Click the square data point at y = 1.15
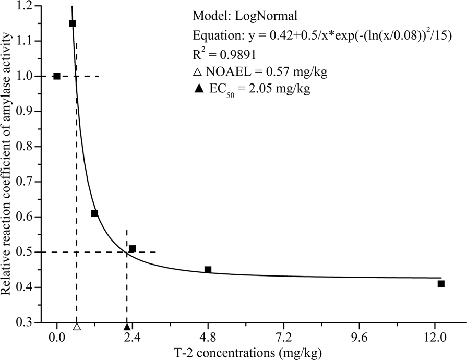click(73, 23)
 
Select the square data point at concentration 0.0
click(57, 76)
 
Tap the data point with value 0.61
click(94, 213)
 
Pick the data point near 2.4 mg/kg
click(133, 249)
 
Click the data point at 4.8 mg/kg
click(208, 270)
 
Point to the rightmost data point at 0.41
click(441, 284)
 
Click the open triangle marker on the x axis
click(77, 327)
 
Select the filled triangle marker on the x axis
click(127, 327)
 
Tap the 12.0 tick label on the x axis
click(435, 338)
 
